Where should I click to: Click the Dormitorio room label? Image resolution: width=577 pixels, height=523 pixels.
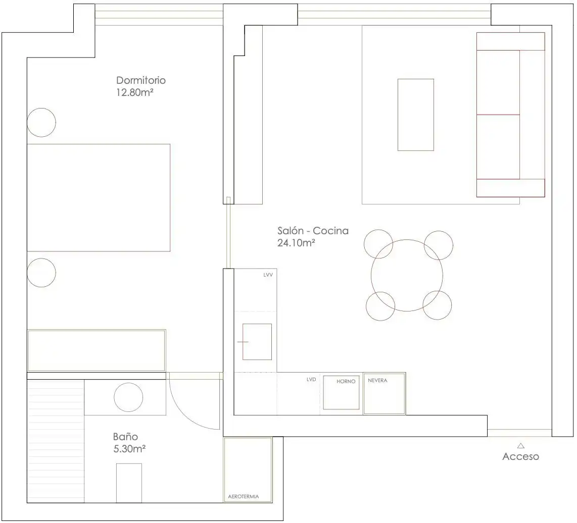(x=141, y=80)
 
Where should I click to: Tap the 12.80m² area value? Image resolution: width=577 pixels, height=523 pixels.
(x=135, y=92)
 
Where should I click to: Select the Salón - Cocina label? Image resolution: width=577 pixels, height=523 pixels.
(x=313, y=231)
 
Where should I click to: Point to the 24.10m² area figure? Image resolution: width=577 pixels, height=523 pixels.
(x=296, y=243)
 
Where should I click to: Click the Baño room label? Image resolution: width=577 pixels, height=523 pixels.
(x=125, y=437)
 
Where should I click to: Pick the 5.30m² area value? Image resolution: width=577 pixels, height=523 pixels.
(x=129, y=449)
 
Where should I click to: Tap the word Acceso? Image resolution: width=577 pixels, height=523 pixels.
(x=521, y=456)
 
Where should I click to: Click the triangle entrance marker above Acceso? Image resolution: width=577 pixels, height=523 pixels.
(x=521, y=446)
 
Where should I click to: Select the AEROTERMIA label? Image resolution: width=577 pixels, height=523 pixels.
(x=243, y=497)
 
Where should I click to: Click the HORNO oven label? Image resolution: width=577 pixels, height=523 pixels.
(x=346, y=382)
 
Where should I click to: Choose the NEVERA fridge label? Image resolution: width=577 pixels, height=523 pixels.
(x=377, y=380)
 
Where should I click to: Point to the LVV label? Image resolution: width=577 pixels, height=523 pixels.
(x=268, y=275)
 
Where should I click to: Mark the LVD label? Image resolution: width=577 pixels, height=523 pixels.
(x=311, y=379)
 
